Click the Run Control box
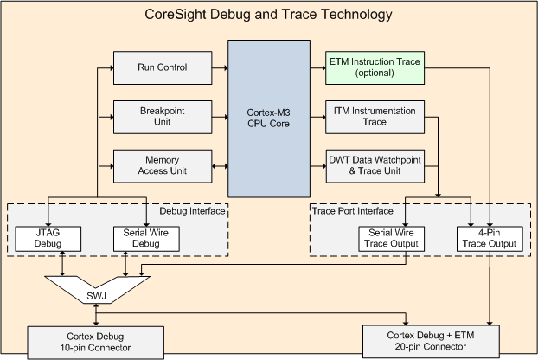point(163,67)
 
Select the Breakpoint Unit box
point(163,117)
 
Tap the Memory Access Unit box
point(163,166)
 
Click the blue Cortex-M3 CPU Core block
point(269,119)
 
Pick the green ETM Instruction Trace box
point(375,67)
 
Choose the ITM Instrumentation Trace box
point(375,117)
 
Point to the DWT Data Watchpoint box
point(375,166)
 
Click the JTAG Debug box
point(48,239)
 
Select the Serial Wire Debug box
point(146,239)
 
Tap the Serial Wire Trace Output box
point(391,239)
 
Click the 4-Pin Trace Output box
point(490,239)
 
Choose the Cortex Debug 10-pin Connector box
point(96,343)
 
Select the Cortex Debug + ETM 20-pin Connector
point(431,341)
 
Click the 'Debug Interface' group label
point(192,211)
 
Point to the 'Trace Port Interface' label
point(353,211)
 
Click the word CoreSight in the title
point(175,15)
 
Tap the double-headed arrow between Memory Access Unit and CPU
point(220,166)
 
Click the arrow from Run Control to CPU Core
point(220,68)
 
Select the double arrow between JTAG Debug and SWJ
point(62,264)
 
